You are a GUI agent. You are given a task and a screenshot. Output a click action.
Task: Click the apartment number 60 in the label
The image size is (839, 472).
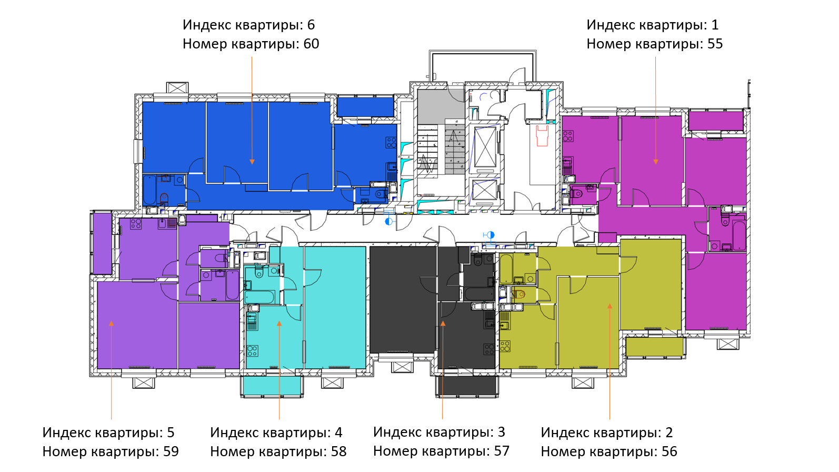click(311, 44)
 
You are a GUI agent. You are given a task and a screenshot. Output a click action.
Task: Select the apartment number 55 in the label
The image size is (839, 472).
click(715, 44)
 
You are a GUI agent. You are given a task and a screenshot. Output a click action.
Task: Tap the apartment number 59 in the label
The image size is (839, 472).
click(171, 451)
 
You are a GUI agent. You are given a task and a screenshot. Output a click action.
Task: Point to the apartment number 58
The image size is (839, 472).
click(338, 451)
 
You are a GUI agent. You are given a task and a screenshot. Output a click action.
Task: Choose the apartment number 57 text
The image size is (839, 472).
click(502, 451)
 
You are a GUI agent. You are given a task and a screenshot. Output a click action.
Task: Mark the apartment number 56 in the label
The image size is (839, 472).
click(670, 451)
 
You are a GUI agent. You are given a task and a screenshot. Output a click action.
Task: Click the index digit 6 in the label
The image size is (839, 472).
click(311, 25)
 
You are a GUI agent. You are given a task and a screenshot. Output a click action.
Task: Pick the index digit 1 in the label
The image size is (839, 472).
click(715, 25)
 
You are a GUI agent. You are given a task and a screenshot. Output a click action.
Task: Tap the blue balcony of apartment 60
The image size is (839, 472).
click(365, 107)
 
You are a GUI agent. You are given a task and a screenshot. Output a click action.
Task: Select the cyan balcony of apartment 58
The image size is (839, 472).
click(272, 385)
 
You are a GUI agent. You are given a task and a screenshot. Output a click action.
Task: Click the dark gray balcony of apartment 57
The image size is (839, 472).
click(467, 385)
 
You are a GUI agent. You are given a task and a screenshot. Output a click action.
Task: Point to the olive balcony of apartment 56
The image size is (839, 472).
click(654, 347)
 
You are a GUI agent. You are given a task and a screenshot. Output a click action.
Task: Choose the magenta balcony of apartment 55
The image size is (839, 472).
click(716, 121)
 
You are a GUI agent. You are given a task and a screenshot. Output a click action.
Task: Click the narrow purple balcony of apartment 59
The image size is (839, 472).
click(102, 243)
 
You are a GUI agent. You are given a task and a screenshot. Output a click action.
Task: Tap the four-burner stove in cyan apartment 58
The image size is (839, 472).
click(253, 351)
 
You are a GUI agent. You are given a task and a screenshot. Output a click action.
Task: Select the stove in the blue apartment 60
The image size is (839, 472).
click(392, 142)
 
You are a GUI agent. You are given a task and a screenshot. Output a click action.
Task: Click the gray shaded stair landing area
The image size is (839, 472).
click(441, 106)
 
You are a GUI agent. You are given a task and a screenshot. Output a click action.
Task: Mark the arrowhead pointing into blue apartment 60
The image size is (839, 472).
click(252, 162)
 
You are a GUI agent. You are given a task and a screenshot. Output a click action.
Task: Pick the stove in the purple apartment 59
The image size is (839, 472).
click(136, 224)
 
